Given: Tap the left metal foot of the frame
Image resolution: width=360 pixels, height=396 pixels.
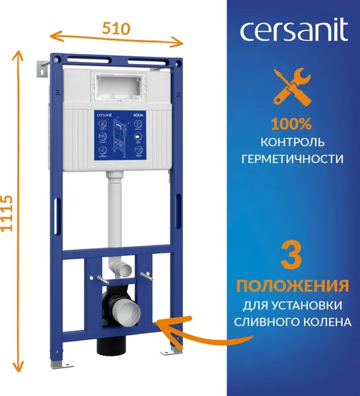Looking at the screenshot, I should pyautogui.click(x=57, y=364).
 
